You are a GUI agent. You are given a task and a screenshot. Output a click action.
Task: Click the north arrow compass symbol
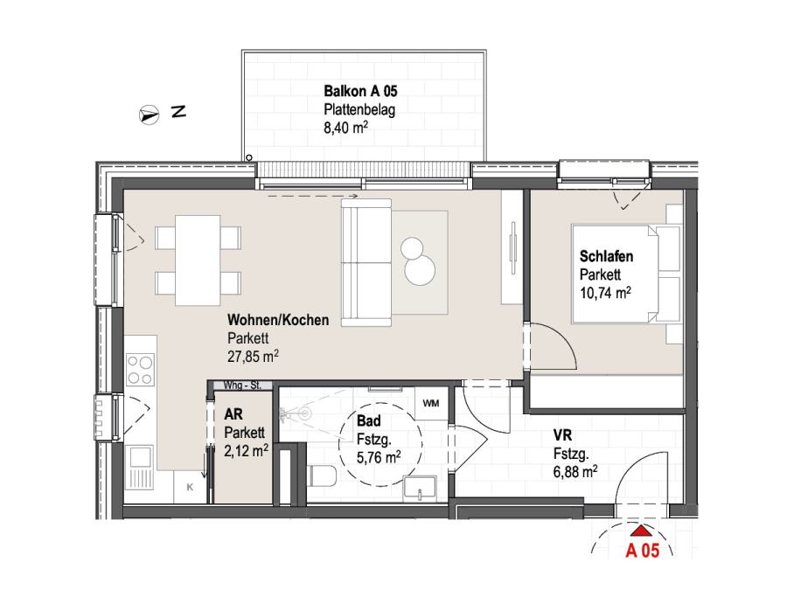point(149,115)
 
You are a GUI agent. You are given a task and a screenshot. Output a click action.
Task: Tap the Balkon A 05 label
point(360,91)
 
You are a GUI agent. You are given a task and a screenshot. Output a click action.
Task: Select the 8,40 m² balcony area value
point(345,128)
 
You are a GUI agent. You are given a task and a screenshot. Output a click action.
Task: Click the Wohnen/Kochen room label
point(278,320)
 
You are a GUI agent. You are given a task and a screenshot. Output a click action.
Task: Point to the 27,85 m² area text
point(253,356)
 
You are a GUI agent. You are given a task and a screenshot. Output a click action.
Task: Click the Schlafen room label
point(606,256)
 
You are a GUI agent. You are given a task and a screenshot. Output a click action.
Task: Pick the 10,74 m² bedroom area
point(605,292)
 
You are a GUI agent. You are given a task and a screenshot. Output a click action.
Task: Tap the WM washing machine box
point(431,403)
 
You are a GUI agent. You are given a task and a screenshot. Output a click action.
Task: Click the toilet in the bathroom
point(322,475)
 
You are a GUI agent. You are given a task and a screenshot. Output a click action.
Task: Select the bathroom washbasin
point(420,488)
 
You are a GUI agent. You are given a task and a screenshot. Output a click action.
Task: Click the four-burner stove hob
point(140,369)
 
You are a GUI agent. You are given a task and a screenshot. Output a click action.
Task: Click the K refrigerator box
point(191,487)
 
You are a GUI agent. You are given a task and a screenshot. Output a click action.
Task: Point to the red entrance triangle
point(641,531)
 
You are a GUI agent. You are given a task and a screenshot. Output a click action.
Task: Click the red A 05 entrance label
point(643,551)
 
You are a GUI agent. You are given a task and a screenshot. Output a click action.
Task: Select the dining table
point(198,260)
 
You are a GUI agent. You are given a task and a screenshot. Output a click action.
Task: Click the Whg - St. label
point(242,385)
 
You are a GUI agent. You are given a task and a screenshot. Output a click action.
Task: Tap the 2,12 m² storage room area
point(246,450)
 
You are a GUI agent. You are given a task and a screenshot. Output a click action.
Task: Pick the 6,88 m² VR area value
point(575,472)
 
